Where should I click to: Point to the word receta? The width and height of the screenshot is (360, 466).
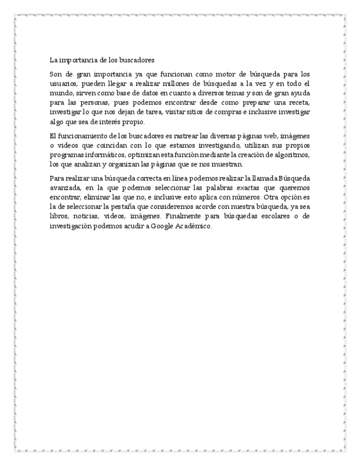[297, 103]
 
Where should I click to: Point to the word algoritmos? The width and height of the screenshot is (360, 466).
[292, 155]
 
